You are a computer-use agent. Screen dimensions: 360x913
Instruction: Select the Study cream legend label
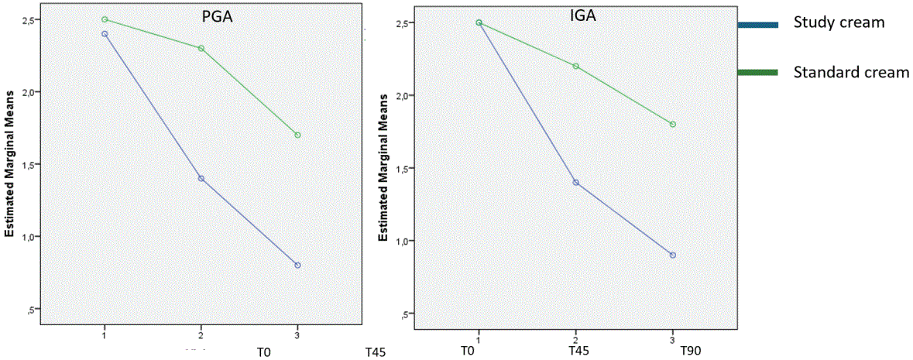click(839, 22)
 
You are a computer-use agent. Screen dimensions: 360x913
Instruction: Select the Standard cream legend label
click(851, 72)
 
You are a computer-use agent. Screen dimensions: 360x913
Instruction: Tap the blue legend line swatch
click(757, 25)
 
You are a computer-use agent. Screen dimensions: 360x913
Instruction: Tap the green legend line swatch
click(757, 73)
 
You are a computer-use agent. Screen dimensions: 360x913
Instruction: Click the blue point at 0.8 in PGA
click(297, 265)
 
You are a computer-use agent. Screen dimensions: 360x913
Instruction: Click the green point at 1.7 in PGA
click(297, 135)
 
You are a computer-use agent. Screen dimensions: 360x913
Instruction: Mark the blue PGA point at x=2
click(201, 178)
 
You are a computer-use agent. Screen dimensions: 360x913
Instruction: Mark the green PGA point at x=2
click(201, 48)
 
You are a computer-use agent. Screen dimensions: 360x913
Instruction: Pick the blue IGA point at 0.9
click(672, 255)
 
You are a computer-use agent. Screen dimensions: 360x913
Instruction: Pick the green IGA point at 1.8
click(672, 124)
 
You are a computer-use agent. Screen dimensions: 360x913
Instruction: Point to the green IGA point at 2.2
click(575, 66)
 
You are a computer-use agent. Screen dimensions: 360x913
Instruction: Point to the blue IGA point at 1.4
click(575, 182)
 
